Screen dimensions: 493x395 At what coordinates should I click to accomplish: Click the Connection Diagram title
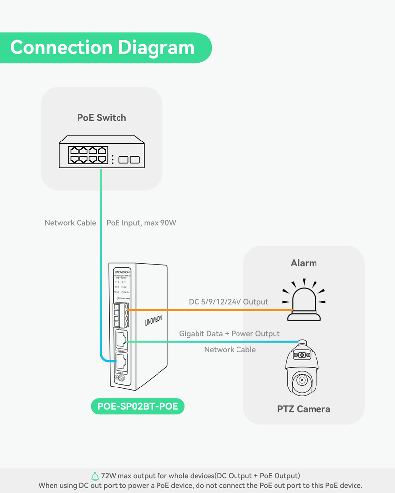click(x=102, y=48)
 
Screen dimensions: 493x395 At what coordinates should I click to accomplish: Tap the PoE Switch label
click(x=102, y=118)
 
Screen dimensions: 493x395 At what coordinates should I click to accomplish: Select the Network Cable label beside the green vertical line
click(x=70, y=223)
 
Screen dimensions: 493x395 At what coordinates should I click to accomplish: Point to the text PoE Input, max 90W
click(x=141, y=223)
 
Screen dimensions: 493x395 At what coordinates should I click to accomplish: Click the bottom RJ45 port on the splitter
click(x=121, y=362)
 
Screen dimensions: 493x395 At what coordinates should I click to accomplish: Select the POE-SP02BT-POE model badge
click(x=137, y=406)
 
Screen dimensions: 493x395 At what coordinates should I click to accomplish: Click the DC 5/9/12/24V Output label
click(x=228, y=302)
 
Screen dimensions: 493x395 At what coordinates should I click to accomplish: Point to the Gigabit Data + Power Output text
click(x=229, y=334)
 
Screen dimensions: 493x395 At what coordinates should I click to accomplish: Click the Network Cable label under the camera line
click(x=230, y=349)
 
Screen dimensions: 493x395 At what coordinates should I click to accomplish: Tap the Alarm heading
click(x=304, y=263)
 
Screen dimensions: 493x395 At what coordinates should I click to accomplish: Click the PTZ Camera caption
click(x=304, y=409)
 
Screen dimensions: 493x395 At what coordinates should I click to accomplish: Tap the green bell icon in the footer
click(x=95, y=476)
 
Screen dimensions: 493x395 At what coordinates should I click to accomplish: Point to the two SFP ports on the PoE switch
click(x=129, y=159)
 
